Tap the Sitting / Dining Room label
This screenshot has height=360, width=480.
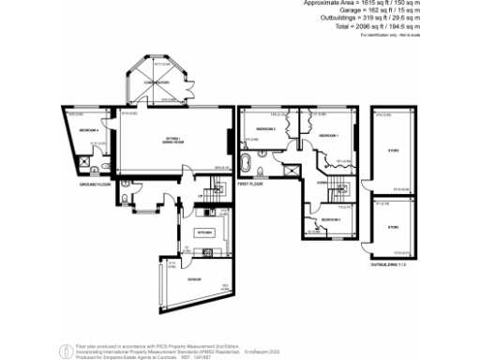(x=174, y=141)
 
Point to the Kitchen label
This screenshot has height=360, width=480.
(x=203, y=231)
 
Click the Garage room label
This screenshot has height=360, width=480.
(x=194, y=279)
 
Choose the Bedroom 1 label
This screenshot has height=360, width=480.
(x=328, y=136)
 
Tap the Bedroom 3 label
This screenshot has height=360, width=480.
(x=329, y=219)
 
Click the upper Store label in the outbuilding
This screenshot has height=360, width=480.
(x=393, y=148)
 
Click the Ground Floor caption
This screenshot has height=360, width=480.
(x=94, y=185)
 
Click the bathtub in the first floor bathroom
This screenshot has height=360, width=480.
(x=247, y=167)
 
